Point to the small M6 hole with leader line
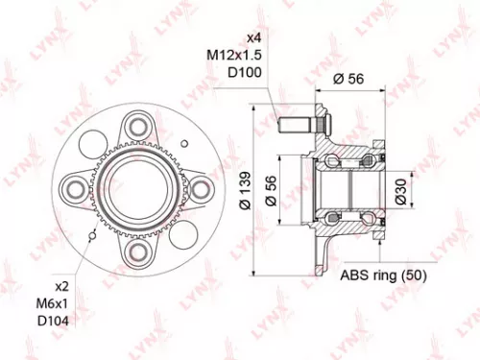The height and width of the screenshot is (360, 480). tap(90, 233)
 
